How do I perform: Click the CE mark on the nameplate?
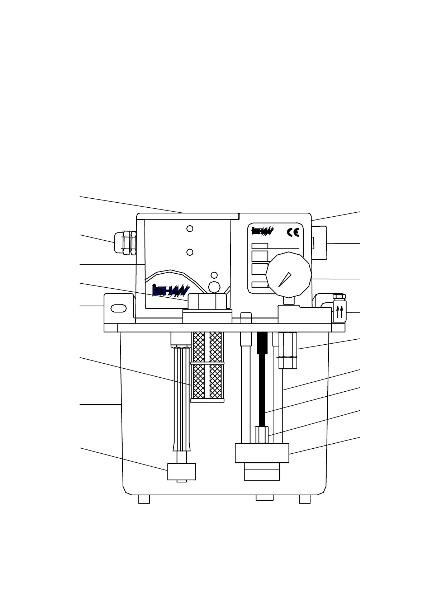click(293, 232)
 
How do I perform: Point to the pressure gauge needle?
click(285, 280)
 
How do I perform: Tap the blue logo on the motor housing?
click(170, 290)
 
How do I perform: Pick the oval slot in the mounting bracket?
click(119, 308)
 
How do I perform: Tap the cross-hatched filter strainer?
click(208, 366)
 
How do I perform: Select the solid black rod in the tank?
click(262, 380)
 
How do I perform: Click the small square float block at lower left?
click(181, 471)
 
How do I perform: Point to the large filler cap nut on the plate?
click(207, 301)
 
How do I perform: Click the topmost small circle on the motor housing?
click(190, 228)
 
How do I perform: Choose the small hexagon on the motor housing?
click(214, 287)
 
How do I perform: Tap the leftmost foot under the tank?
click(144, 499)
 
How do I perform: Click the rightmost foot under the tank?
click(305, 499)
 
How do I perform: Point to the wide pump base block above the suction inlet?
click(262, 453)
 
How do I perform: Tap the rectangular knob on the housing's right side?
click(319, 243)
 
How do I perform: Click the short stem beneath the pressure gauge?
click(288, 301)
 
